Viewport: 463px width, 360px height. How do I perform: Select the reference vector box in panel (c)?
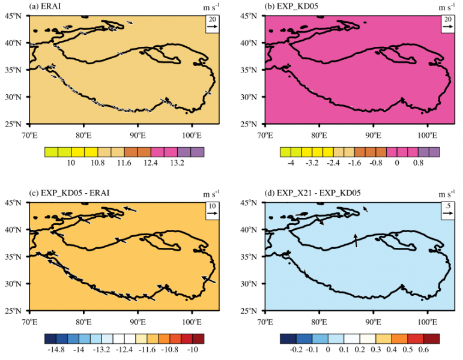pyautogui.click(x=213, y=211)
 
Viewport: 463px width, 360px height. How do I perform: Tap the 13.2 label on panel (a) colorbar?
pyautogui.click(x=165, y=163)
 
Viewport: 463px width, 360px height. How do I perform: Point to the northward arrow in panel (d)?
pyautogui.click(x=356, y=241)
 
